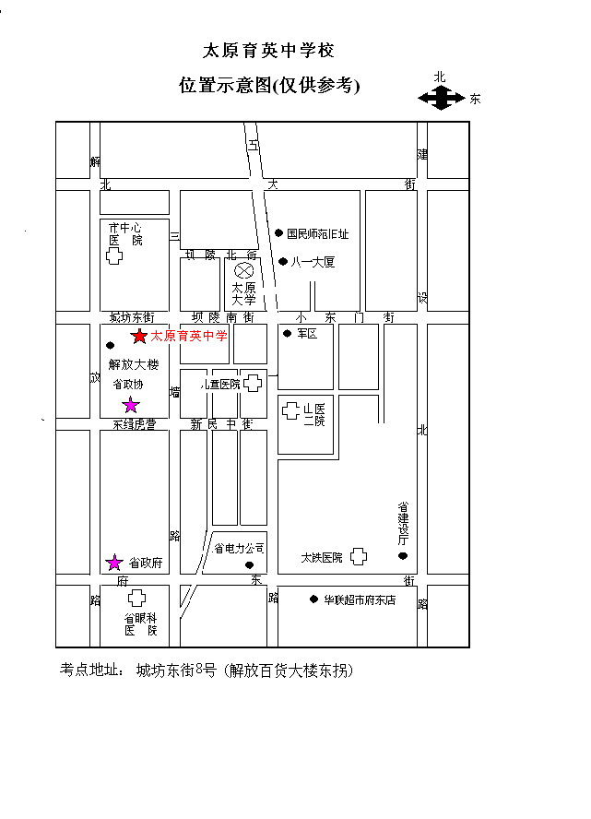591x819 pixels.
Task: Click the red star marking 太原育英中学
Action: coord(139,337)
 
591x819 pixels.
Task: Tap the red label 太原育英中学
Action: coord(188,337)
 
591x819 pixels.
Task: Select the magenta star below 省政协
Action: coord(131,405)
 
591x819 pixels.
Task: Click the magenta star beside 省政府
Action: coord(114,562)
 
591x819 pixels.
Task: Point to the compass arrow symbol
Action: coord(442,97)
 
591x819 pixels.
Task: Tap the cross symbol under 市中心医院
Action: coord(114,256)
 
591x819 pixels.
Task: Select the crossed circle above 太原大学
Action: coord(243,270)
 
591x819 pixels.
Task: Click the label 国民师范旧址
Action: coord(317,234)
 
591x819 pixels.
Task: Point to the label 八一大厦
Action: coord(313,262)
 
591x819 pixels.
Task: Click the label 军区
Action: coord(306,334)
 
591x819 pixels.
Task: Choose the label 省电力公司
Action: coord(239,548)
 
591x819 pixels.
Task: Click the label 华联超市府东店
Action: coord(359,599)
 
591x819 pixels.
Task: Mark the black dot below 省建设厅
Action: coord(402,555)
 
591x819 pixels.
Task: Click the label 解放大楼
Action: coord(134,364)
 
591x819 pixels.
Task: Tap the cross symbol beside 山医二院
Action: coord(290,410)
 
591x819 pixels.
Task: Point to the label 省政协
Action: coord(128,384)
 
